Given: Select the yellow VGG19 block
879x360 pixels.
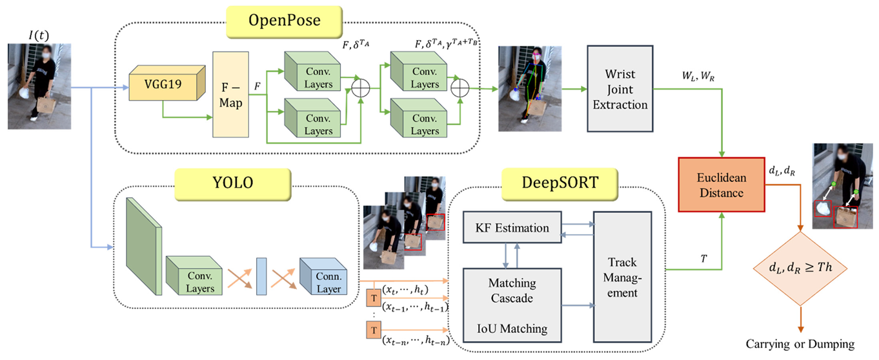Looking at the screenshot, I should click(161, 83).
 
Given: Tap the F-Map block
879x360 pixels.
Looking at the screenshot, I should click(230, 94).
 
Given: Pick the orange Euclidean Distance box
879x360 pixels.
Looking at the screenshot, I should click(720, 184).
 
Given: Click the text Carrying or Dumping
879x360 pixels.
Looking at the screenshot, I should click(800, 344).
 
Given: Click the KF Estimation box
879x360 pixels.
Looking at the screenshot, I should click(512, 228).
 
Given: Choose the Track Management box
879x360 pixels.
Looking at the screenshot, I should click(622, 277).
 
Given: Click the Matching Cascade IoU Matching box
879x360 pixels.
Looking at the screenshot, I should click(512, 306).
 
